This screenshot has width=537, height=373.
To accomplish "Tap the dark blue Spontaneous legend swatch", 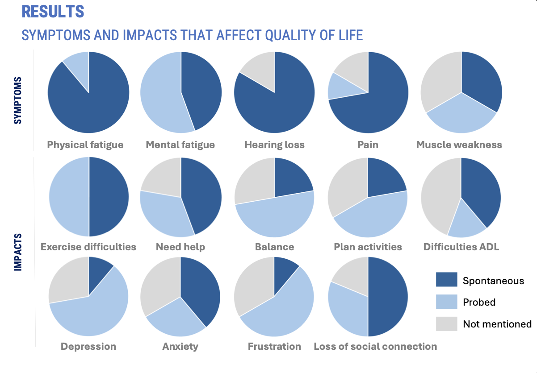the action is pos(446,279).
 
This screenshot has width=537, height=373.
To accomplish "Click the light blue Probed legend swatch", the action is pos(446,302).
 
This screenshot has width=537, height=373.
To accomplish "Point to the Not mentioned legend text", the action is pos(497,324).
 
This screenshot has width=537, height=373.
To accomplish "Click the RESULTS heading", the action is pos(53,12).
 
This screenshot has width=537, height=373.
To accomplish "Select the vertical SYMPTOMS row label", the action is pos(18,100).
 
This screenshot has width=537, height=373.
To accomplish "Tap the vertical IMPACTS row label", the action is pos(18,252).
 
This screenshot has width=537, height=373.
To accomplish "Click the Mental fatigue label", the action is pos(180,145).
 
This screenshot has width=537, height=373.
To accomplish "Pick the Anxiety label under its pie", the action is pos(180,347).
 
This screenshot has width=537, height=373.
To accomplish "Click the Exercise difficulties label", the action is pos(88,247).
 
